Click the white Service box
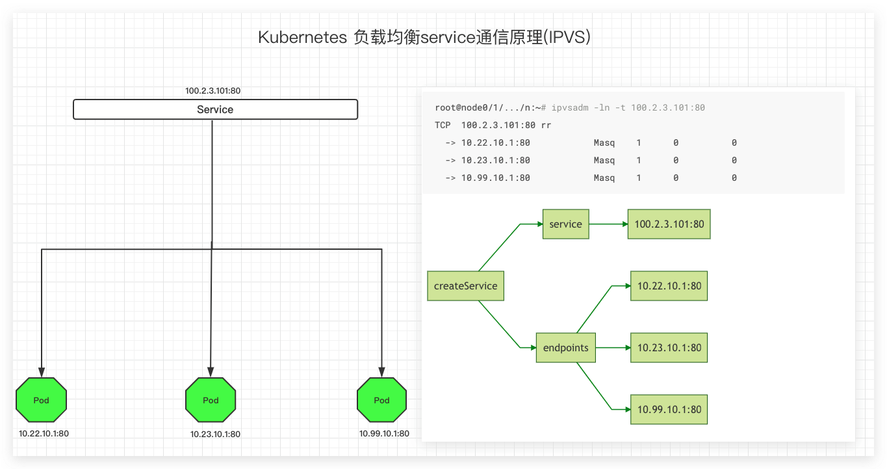point(216,109)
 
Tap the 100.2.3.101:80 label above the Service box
point(212,91)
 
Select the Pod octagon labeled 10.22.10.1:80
point(41,399)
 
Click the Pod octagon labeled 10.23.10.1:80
point(211,399)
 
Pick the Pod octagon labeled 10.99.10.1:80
point(381,399)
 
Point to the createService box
point(466,286)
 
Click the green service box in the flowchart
point(566,224)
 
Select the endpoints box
point(566,348)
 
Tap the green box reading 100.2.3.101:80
point(669,224)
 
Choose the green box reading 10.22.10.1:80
point(669,286)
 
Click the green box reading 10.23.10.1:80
point(669,348)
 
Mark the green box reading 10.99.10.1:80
point(669,410)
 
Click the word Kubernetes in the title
point(303,38)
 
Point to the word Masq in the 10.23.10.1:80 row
point(604,160)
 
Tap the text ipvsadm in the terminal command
point(570,107)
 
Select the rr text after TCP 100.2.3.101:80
point(546,126)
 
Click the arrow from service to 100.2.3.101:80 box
point(609,224)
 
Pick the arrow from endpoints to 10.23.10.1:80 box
point(613,348)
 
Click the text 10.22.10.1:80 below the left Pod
point(44,434)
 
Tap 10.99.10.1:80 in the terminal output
point(495,178)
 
